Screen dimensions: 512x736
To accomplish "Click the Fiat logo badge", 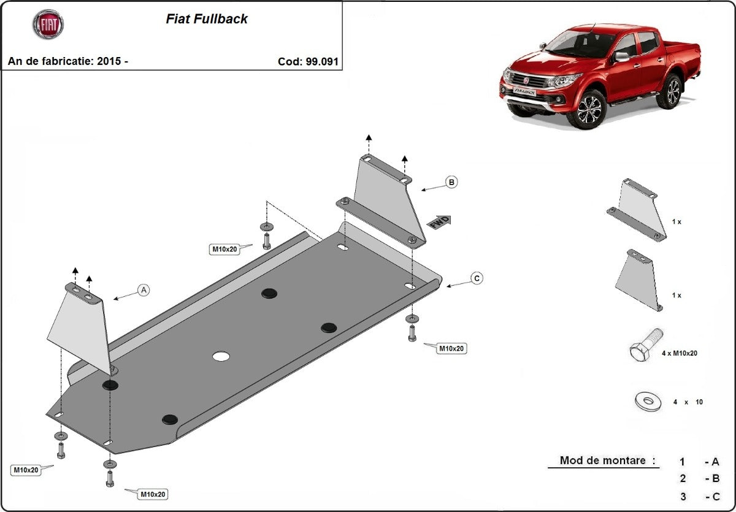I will [48, 25].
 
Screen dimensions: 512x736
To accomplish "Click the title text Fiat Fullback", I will [207, 19].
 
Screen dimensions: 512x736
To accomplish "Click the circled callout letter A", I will [144, 290].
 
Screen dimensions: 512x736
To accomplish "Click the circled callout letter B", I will [451, 182].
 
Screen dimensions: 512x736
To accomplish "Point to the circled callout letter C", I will [477, 278].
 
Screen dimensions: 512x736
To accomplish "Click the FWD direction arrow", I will [439, 222].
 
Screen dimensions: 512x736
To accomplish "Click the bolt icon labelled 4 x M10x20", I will [645, 346].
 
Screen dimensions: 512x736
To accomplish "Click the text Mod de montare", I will [607, 460].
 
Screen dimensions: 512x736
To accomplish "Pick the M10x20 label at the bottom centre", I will [152, 494].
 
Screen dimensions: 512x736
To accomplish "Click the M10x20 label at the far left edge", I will [26, 470].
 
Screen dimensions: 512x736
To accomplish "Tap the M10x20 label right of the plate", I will [451, 348].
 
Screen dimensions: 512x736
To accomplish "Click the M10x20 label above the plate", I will [224, 249].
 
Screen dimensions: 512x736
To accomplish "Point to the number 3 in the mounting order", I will [683, 497].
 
